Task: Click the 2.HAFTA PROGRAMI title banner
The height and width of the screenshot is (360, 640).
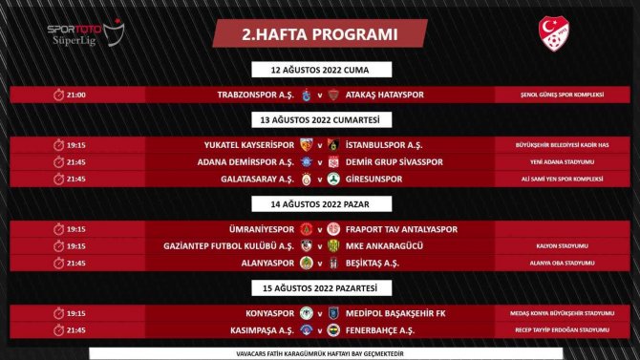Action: tap(319, 33)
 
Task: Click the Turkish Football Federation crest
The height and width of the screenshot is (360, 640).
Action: tap(554, 35)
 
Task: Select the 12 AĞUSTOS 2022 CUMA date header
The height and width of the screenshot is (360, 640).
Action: tap(320, 70)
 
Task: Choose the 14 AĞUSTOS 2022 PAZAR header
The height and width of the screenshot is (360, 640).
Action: tap(320, 203)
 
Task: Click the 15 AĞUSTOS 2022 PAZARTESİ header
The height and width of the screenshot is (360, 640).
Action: tap(320, 287)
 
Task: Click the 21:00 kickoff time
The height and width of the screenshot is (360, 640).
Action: tap(75, 95)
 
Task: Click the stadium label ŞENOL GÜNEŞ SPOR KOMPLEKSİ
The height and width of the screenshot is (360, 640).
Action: tap(549, 95)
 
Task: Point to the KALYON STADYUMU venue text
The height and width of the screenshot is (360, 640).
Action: tap(549, 245)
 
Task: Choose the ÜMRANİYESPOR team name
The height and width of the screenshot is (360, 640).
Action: tap(256, 229)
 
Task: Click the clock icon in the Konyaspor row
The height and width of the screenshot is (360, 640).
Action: tap(57, 312)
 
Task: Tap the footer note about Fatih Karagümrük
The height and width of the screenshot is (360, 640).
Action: tap(320, 350)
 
